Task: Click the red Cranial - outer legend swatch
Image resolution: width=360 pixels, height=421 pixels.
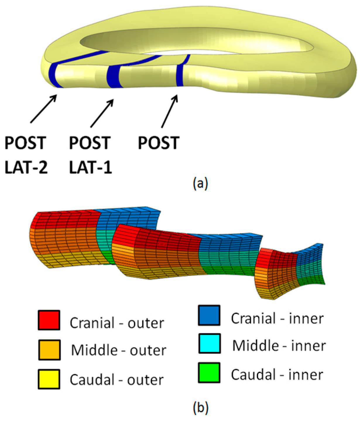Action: [49, 320]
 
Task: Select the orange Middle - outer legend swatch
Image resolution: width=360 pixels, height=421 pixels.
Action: [49, 349]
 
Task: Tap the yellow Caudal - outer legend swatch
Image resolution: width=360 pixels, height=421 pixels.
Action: [49, 379]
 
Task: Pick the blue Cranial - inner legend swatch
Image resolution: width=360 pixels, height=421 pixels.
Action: [209, 315]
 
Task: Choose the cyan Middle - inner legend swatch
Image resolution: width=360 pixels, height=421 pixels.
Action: [209, 344]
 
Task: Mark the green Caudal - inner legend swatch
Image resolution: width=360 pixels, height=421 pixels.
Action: [209, 372]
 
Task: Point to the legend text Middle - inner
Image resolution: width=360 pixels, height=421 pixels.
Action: [279, 346]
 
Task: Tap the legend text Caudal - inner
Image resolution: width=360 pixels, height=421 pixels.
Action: [277, 375]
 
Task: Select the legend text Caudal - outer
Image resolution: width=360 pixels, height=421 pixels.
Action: [116, 380]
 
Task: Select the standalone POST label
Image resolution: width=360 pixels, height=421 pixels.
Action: [158, 143]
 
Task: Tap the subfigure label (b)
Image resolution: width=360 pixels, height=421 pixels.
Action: [201, 407]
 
